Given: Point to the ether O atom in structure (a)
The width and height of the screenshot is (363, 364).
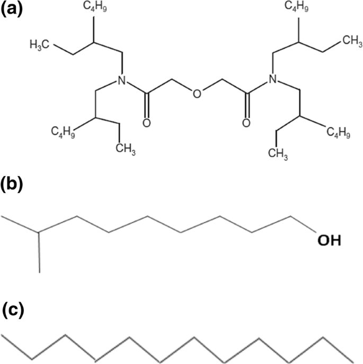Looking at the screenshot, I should tap(197, 95).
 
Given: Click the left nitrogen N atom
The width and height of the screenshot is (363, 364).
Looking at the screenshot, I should tap(121, 80).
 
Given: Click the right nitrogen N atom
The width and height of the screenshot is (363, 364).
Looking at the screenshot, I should tap(272, 80).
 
